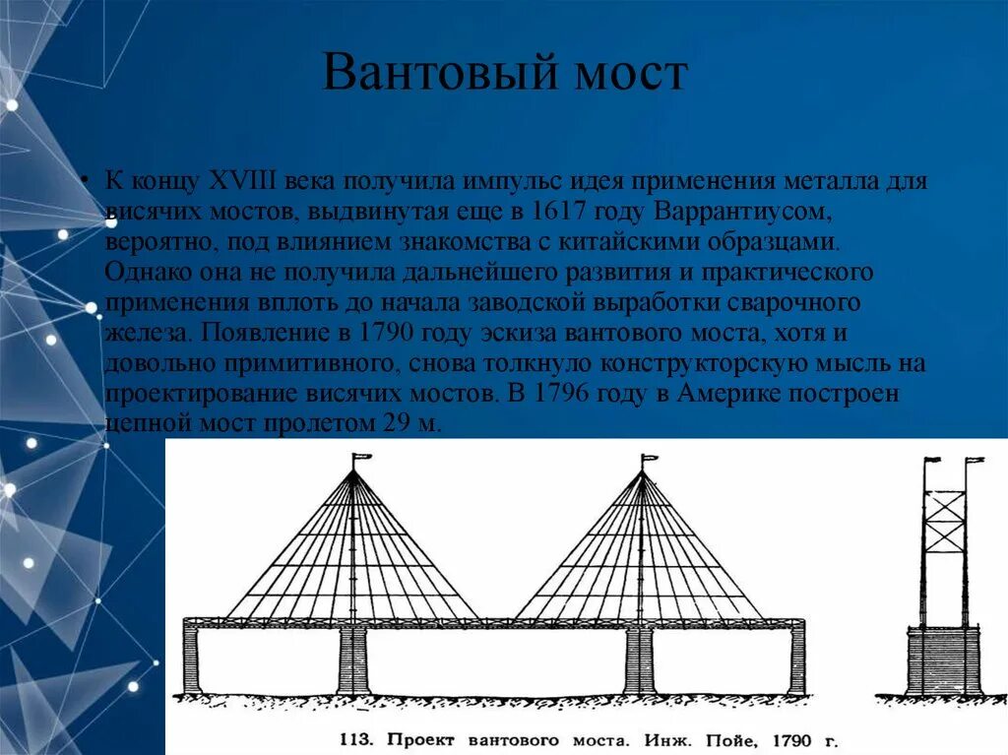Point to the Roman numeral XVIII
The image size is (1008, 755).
(242, 183)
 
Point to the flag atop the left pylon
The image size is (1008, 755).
(361, 458)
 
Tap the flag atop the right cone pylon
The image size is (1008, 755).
(650, 458)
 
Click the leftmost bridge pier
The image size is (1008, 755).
(191, 661)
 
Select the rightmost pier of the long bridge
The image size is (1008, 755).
(796, 661)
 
